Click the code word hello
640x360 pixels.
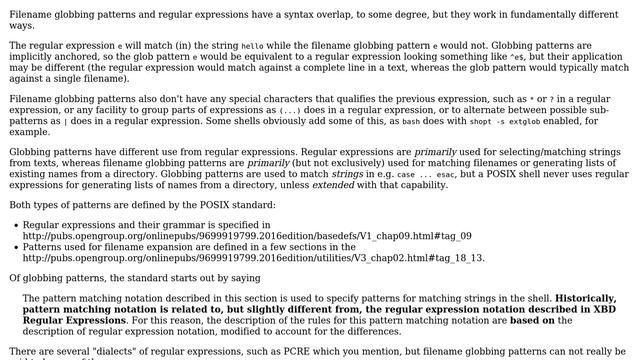pyautogui.click(x=252, y=46)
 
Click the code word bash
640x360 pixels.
pyautogui.click(x=411, y=120)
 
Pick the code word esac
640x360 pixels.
pyautogui.click(x=451, y=173)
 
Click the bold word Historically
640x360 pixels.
pyautogui.click(x=587, y=298)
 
